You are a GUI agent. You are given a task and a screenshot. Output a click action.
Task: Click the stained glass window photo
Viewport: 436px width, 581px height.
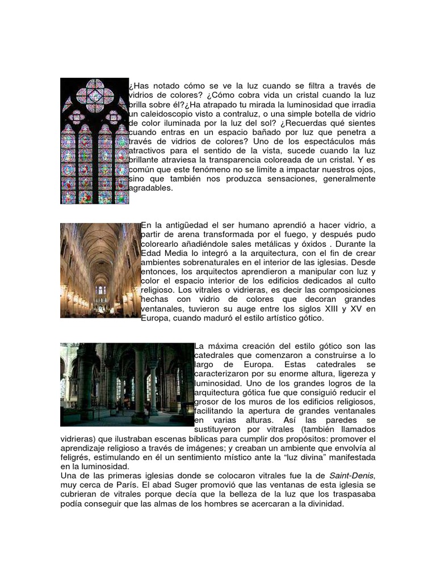(x=94, y=141)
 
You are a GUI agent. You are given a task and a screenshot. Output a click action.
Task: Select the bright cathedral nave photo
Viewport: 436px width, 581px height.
(x=100, y=270)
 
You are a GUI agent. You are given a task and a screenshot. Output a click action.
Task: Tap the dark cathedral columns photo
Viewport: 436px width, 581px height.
(x=127, y=384)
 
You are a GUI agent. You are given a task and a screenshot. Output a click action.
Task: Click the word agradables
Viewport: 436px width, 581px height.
(x=150, y=188)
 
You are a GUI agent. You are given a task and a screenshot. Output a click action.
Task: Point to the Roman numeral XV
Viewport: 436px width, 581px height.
(x=354, y=309)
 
